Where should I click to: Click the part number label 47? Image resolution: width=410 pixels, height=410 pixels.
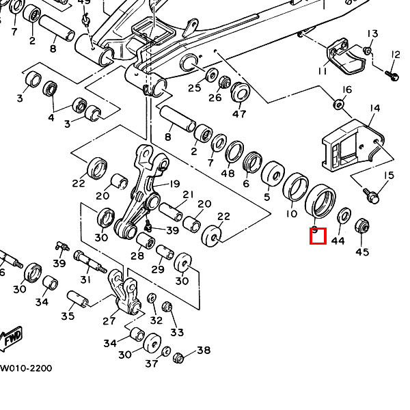(x=240, y=113)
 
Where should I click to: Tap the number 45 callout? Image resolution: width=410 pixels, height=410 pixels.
(x=362, y=252)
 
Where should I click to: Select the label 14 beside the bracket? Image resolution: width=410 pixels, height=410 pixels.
(x=374, y=109)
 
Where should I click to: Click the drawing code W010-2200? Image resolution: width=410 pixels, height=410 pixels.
(x=26, y=368)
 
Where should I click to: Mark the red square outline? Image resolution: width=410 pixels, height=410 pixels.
(x=318, y=236)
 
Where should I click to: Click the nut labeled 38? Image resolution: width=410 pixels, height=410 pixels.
(x=179, y=357)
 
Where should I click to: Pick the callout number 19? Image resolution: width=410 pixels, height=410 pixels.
(x=174, y=183)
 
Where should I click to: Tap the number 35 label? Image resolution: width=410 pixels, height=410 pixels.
(x=67, y=316)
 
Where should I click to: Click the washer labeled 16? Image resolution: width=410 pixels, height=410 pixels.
(x=338, y=105)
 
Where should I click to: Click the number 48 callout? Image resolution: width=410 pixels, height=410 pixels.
(x=228, y=173)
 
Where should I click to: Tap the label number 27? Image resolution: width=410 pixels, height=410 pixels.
(x=109, y=320)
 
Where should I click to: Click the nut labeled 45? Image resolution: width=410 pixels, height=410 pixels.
(x=362, y=225)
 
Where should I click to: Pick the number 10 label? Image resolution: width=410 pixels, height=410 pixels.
(x=291, y=214)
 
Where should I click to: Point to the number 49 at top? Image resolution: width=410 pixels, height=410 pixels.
(x=84, y=2)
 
